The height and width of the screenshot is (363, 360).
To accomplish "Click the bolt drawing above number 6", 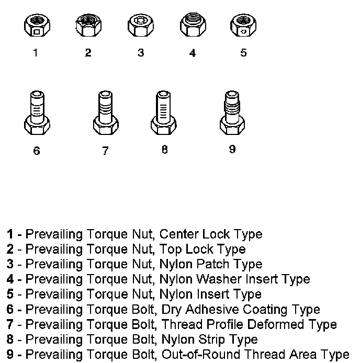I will coord(37,114).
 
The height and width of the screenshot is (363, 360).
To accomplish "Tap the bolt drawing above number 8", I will coord(163,114).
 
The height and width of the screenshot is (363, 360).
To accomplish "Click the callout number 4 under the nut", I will coord(193,53).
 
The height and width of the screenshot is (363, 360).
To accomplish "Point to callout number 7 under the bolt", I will coord(105,151).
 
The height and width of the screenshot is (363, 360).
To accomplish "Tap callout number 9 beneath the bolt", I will coord(232,149).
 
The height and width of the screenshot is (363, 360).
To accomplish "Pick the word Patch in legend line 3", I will coord(214,264).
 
